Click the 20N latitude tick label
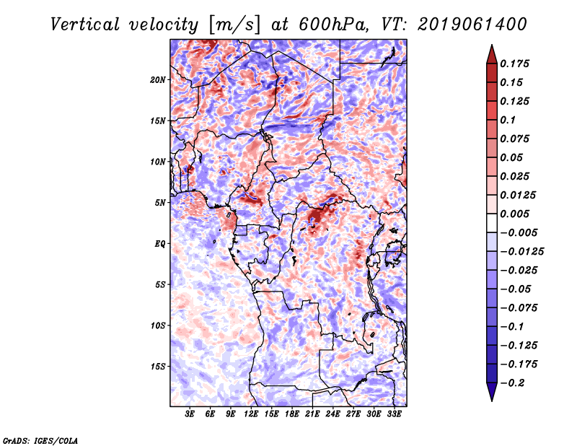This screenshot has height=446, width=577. (158, 79)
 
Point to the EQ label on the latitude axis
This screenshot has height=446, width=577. (160, 244)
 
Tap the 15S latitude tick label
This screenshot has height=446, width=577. (158, 367)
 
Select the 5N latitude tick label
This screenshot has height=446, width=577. (160, 203)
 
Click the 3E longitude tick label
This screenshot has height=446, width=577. (190, 416)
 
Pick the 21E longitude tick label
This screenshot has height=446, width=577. (312, 416)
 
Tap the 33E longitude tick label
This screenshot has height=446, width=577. (394, 416)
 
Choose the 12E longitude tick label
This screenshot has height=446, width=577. (251, 416)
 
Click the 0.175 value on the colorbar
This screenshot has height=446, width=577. (516, 64)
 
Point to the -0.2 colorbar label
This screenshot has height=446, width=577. (514, 382)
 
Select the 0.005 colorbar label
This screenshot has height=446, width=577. (516, 214)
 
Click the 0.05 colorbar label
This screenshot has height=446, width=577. (512, 157)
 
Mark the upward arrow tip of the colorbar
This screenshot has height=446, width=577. (491, 47)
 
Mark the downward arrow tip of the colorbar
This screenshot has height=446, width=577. (491, 399)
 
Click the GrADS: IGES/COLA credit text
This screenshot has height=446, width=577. (40, 440)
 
